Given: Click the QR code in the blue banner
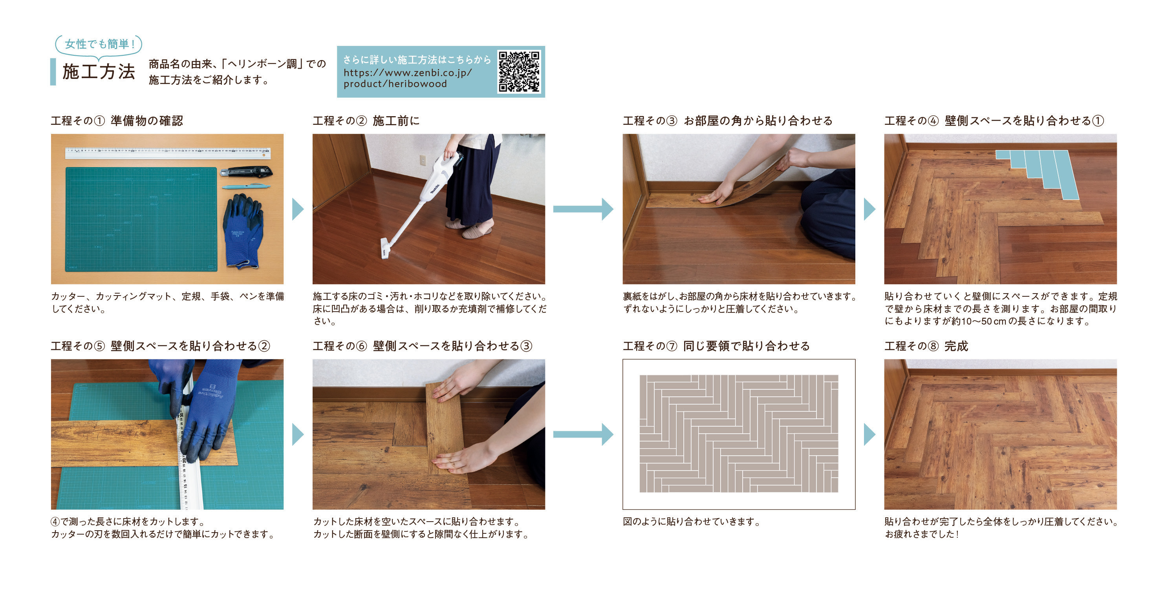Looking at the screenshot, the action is pyautogui.click(x=519, y=71).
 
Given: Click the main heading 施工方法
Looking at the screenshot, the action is pyautogui.click(x=99, y=71).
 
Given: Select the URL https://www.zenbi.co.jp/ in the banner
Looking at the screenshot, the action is pyautogui.click(x=407, y=73).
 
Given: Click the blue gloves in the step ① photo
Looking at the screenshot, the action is pyautogui.click(x=243, y=230).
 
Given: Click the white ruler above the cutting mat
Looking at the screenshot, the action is pyautogui.click(x=167, y=153).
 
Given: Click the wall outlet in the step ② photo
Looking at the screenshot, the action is pyautogui.click(x=423, y=161).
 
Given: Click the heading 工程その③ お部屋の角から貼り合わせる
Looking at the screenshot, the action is pyautogui.click(x=728, y=121).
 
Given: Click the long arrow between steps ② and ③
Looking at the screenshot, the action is pyautogui.click(x=583, y=209).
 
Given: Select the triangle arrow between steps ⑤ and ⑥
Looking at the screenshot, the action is pyautogui.click(x=298, y=434).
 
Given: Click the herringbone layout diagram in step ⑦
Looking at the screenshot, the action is pyautogui.click(x=738, y=434).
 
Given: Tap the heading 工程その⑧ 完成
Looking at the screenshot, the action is pyautogui.click(x=926, y=346).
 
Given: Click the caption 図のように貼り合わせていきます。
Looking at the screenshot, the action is pyautogui.click(x=692, y=522).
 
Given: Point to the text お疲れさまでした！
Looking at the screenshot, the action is pyautogui.click(x=922, y=534).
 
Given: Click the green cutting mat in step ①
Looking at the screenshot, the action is pyautogui.click(x=141, y=219).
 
